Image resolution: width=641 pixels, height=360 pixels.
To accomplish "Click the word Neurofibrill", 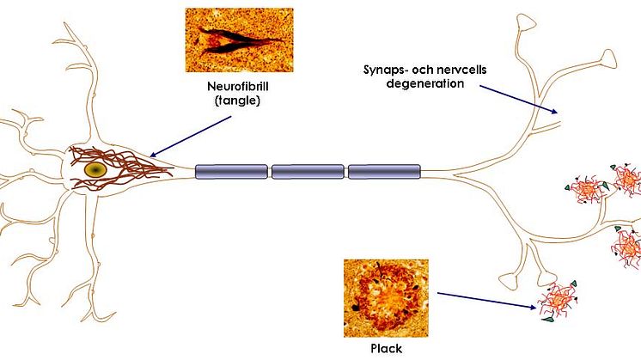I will tap(238, 88).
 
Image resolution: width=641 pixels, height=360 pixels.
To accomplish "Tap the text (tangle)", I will tap(238, 101).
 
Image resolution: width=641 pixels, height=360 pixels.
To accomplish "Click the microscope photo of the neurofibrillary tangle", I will tap(238, 40).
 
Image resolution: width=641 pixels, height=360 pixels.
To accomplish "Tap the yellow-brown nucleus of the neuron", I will tap(95, 168).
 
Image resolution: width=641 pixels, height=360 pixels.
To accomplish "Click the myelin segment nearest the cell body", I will tap(231, 172).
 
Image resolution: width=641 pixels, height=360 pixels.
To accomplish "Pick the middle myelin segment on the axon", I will tap(307, 172).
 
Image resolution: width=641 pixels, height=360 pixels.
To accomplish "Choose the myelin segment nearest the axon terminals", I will tap(383, 172).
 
